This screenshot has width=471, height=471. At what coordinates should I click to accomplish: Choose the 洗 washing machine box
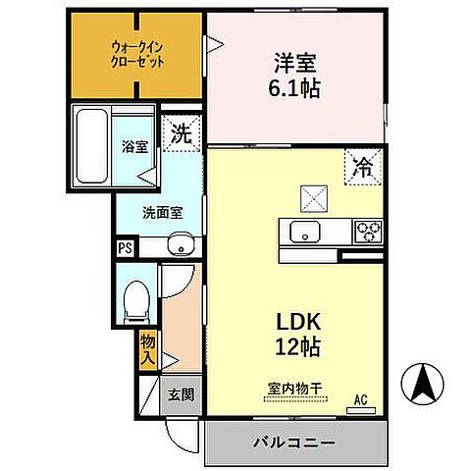182,134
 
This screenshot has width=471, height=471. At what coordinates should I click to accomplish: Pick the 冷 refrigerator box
362,168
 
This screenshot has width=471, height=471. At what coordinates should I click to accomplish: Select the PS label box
125,248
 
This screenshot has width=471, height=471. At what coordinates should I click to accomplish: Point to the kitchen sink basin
302,233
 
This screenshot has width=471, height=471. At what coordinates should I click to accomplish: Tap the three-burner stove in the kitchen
368,232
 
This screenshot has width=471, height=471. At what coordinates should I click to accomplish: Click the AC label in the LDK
361,398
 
